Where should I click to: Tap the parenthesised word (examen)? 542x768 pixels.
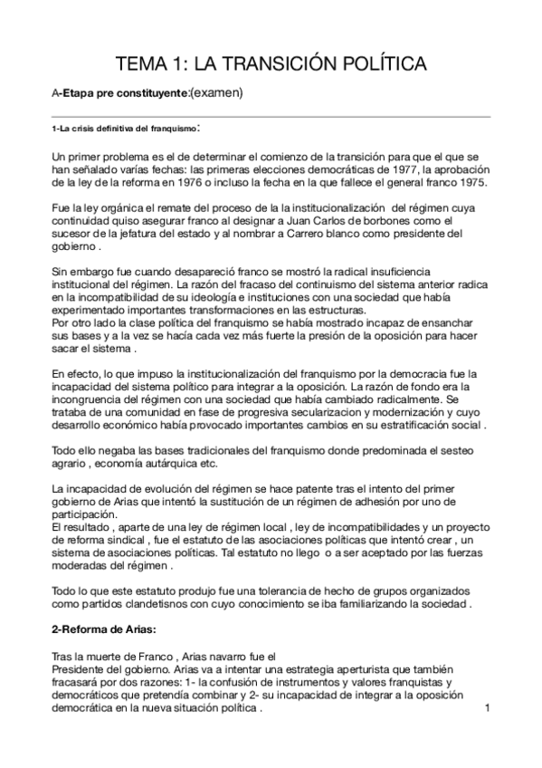click(217, 91)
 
